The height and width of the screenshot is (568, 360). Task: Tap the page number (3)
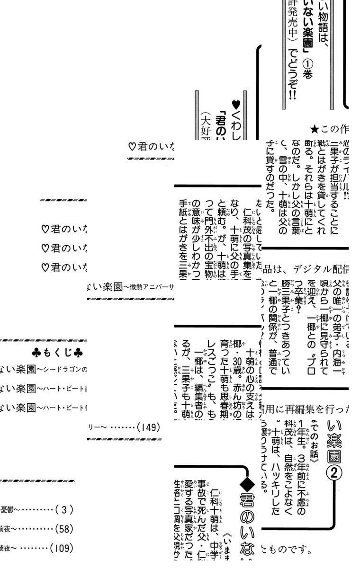64,509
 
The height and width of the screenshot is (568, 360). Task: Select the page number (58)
64,528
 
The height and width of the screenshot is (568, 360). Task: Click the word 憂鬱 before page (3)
7,510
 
